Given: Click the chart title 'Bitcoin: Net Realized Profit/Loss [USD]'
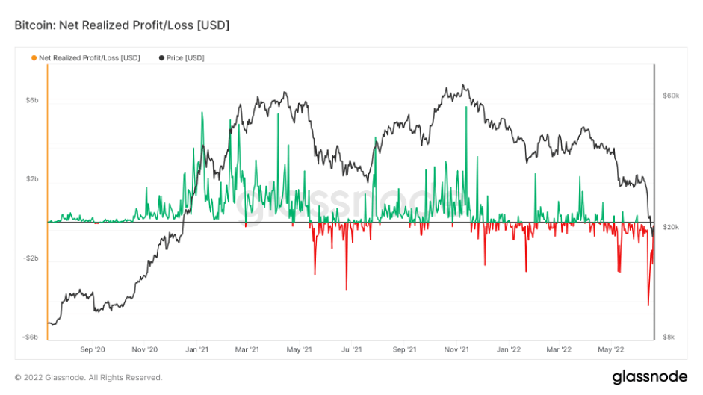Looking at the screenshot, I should pos(122,25).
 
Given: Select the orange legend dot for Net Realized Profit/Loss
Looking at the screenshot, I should pos(34,57).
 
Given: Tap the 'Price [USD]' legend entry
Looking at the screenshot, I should pos(185,57).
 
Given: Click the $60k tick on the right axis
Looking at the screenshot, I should pos(669,96).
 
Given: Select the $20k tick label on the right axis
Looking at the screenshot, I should pos(669,226).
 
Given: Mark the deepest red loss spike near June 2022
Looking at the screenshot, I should pos(648,305).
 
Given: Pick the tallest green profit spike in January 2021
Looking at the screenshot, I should pos(202,113).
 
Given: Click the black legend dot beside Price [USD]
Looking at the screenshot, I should pos(161,57).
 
